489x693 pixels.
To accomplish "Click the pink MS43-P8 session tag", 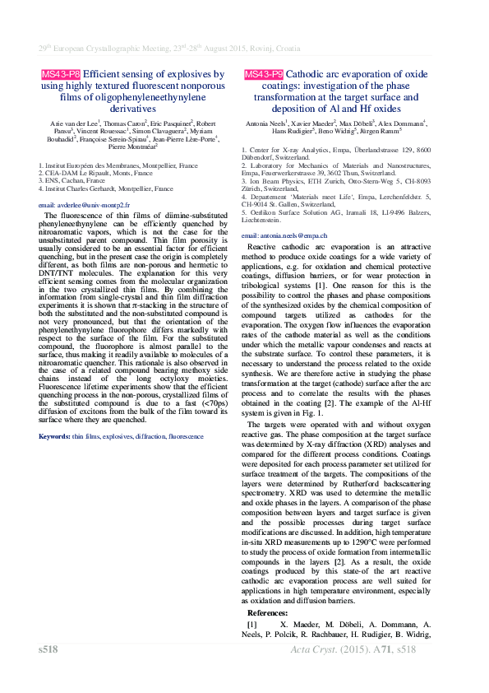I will (61, 74).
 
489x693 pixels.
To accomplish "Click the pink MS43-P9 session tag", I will (264, 74).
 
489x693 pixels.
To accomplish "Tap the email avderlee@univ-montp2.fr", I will (84, 203).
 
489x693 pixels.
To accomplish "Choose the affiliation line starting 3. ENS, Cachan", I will (72, 180).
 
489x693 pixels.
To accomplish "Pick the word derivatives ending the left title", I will (132, 107).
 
